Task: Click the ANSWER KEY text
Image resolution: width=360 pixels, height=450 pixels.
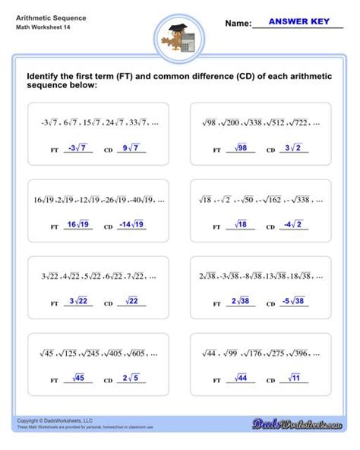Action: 299,23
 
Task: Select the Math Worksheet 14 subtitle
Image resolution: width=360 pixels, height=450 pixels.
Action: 38,29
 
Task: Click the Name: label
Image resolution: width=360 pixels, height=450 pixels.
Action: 238,24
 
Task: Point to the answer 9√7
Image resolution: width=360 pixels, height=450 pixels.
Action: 129,148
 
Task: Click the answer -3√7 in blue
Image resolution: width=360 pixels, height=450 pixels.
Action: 77,148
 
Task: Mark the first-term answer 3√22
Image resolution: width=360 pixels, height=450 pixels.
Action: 77,301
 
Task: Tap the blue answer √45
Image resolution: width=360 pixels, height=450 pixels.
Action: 77,378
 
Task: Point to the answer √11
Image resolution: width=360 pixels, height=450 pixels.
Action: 292,378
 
